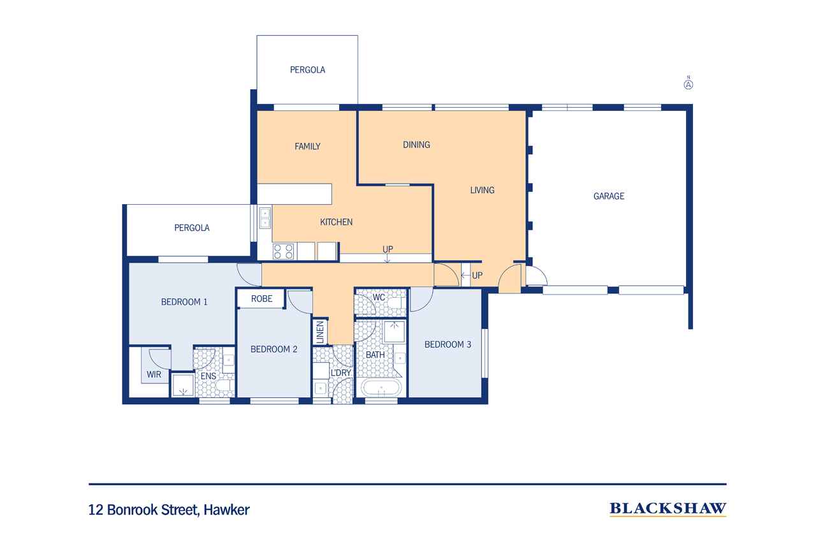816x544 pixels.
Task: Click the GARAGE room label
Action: [609, 196]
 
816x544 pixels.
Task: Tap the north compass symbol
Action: [688, 84]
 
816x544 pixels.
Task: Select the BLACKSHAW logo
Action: [668, 509]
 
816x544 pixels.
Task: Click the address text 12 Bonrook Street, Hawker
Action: [169, 510]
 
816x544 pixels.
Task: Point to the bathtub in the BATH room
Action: [381, 388]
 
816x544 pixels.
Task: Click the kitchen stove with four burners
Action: [283, 251]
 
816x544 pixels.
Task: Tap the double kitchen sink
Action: [265, 218]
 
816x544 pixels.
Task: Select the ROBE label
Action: [261, 298]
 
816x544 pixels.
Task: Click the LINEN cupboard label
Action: [320, 332]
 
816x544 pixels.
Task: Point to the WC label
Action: [379, 297]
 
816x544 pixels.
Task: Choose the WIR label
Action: [154, 374]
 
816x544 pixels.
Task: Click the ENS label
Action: [208, 376]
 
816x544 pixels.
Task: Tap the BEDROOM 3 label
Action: [448, 344]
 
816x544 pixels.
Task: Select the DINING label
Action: [416, 145]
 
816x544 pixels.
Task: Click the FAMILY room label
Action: [307, 146]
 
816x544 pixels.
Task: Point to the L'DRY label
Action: [340, 372]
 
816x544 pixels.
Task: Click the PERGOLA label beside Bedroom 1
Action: [192, 228]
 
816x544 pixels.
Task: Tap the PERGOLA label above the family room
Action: [307, 70]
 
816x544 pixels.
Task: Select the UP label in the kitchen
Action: [388, 249]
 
